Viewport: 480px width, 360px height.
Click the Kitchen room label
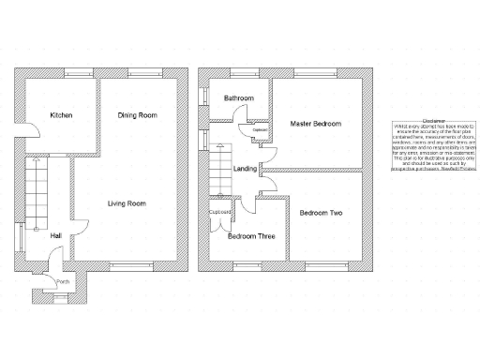61,115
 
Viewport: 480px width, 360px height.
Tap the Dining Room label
137,115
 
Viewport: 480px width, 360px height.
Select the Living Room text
126,203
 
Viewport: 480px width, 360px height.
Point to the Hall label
56,235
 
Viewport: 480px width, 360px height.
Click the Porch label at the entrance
63,281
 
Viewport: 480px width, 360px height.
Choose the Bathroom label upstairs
239,97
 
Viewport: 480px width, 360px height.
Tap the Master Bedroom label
315,123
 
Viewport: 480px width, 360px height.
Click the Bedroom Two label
321,214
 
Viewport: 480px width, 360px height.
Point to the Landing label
246,169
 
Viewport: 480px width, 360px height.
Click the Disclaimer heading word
433,121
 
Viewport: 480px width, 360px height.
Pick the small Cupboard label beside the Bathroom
260,129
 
